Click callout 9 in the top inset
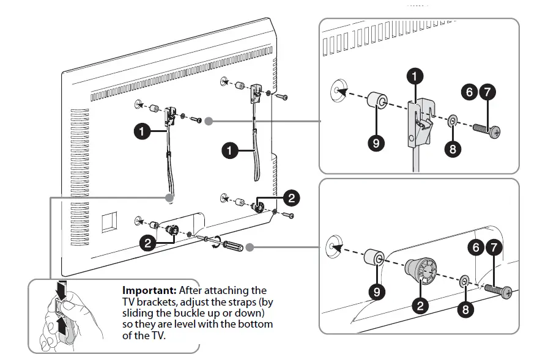click(x=376, y=142)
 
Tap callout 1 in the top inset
click(x=416, y=77)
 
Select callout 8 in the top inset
click(x=452, y=149)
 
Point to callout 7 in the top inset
click(x=488, y=93)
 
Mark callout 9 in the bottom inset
click(x=377, y=291)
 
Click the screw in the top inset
click(x=489, y=130)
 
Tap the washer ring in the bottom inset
click(x=464, y=281)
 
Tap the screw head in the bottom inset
click(x=506, y=294)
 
